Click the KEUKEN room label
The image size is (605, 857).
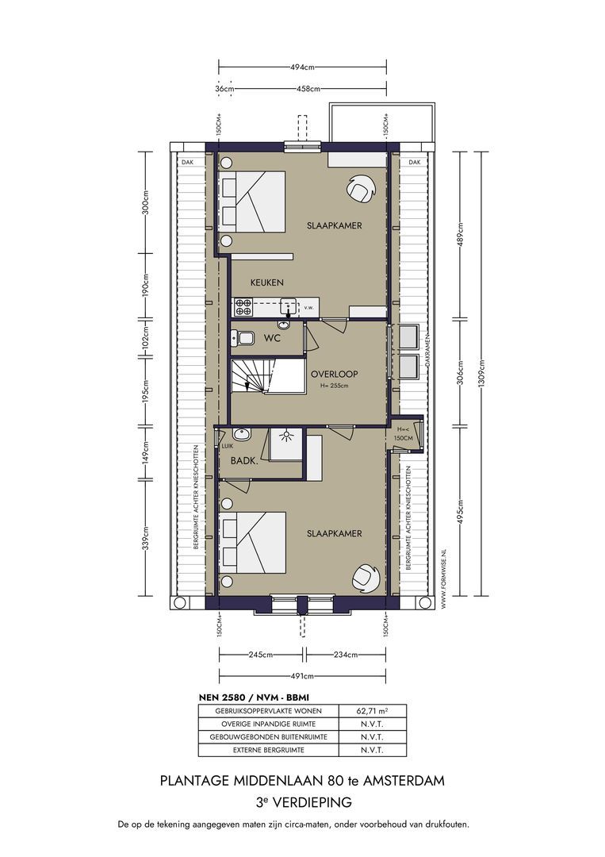tap(267, 282)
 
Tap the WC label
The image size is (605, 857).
tap(273, 339)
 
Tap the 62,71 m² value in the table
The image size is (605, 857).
tap(372, 711)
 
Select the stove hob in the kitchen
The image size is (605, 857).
tap(243, 302)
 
